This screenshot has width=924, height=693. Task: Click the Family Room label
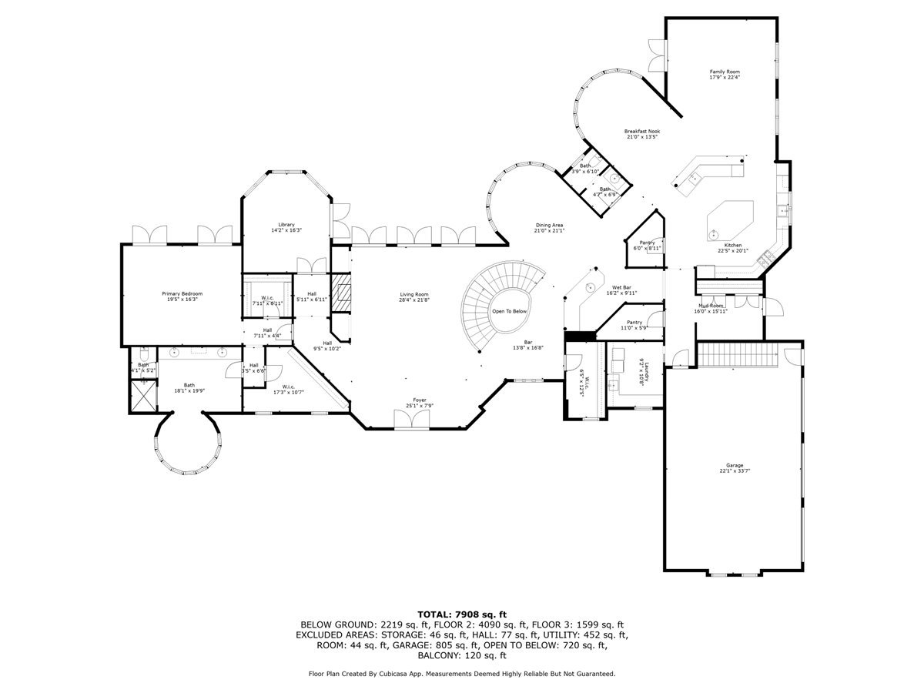tap(724, 71)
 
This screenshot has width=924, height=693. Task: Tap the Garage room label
tap(734, 465)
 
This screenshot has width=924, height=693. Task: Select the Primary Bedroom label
tap(182, 293)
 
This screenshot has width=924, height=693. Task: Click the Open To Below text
tap(509, 311)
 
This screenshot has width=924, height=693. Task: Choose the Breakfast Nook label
tap(641, 132)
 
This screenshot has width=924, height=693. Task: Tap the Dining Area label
tap(550, 225)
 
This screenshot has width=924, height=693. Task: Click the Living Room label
tap(413, 294)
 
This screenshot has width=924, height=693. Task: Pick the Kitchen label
tap(732, 245)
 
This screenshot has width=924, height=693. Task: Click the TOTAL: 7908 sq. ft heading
tap(462, 613)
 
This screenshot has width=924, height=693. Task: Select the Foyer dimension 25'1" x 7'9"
tap(419, 406)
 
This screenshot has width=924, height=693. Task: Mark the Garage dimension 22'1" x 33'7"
tap(734, 471)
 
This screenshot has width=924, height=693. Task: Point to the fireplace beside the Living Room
tap(340, 293)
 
